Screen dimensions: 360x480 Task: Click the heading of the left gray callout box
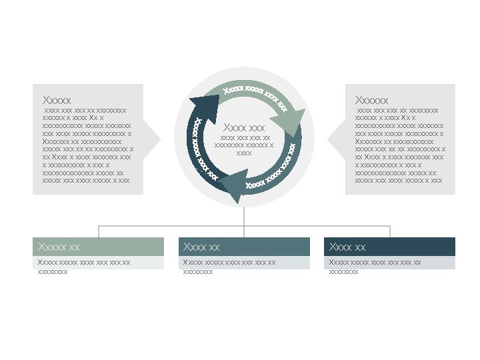pos(57,100)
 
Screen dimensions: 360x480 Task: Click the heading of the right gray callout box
pos(372,100)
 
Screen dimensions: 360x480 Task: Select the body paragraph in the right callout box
pos(400,145)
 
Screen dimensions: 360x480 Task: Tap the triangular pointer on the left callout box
pos(153,138)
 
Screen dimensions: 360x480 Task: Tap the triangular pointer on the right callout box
pos(335,138)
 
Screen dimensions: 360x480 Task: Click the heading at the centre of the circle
pos(244,127)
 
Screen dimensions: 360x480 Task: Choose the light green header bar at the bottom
pos(98,247)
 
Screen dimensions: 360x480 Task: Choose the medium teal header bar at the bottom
pos(244,247)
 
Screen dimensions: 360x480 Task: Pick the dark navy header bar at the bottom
pos(390,247)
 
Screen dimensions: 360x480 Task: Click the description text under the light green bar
pos(84,267)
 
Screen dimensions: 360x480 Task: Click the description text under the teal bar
pos(229,267)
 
